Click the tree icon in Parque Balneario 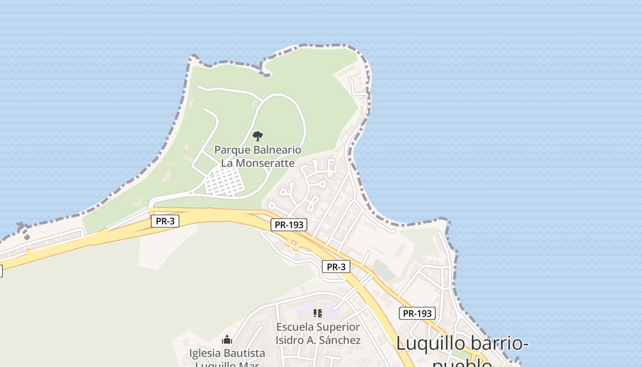pyautogui.click(x=258, y=136)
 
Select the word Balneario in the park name pyautogui.click(x=277, y=150)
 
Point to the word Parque pyautogui.click(x=232, y=150)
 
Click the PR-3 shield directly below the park pyautogui.click(x=165, y=221)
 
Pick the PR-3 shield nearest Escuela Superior pyautogui.click(x=336, y=267)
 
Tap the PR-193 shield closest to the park pyautogui.click(x=288, y=225)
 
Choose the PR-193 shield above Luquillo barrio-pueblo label pyautogui.click(x=417, y=313)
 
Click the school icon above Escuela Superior pyautogui.click(x=317, y=313)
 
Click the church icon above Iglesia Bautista pyautogui.click(x=227, y=340)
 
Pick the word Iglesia pyautogui.click(x=206, y=353)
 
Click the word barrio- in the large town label pyautogui.click(x=497, y=344)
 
